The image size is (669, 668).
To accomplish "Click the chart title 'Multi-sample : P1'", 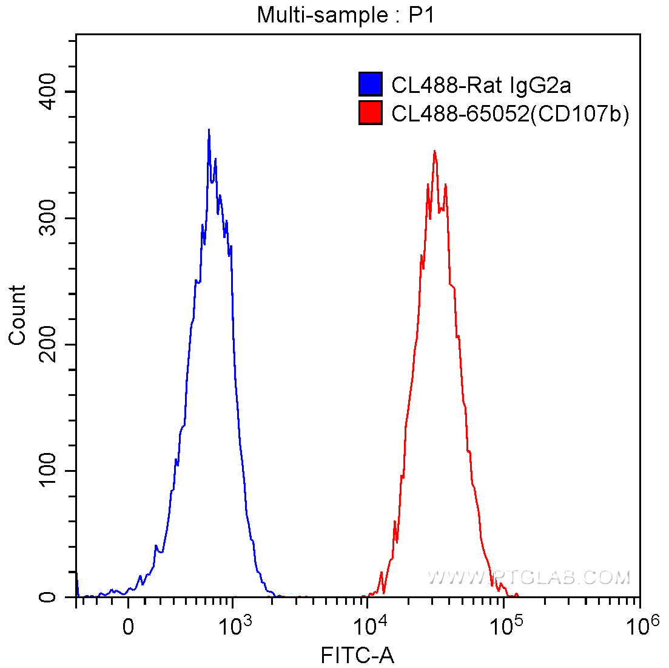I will pos(346,15).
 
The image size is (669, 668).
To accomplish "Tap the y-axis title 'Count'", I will pos(18,315).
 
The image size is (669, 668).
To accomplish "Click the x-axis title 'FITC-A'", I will pos(357,655).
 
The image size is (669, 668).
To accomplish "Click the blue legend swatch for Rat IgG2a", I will pos(371,84).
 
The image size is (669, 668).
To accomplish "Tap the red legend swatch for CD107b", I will pos(371,112).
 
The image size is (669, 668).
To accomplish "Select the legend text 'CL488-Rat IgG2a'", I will pos(481,85).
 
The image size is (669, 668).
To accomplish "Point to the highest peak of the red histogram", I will pos(434,151).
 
